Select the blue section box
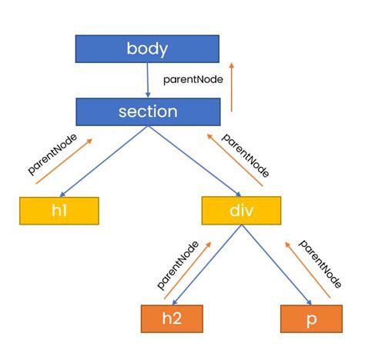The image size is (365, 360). click(148, 112)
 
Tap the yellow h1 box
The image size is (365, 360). click(59, 211)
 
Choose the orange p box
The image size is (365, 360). click(312, 318)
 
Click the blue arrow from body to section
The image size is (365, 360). click(147, 80)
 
